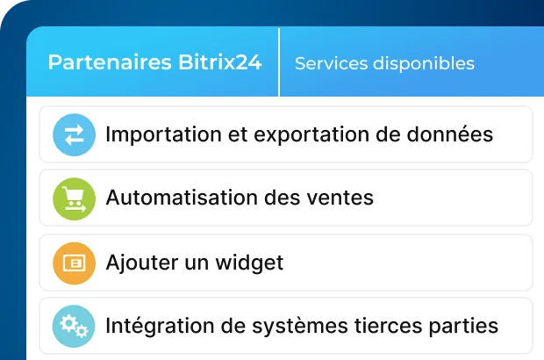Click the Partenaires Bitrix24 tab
154,63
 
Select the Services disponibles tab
384,63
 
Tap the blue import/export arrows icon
74,134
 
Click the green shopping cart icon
74,198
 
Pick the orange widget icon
74,263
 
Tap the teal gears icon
74,326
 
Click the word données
449,135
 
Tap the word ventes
343,198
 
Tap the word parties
466,327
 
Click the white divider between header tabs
279,62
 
